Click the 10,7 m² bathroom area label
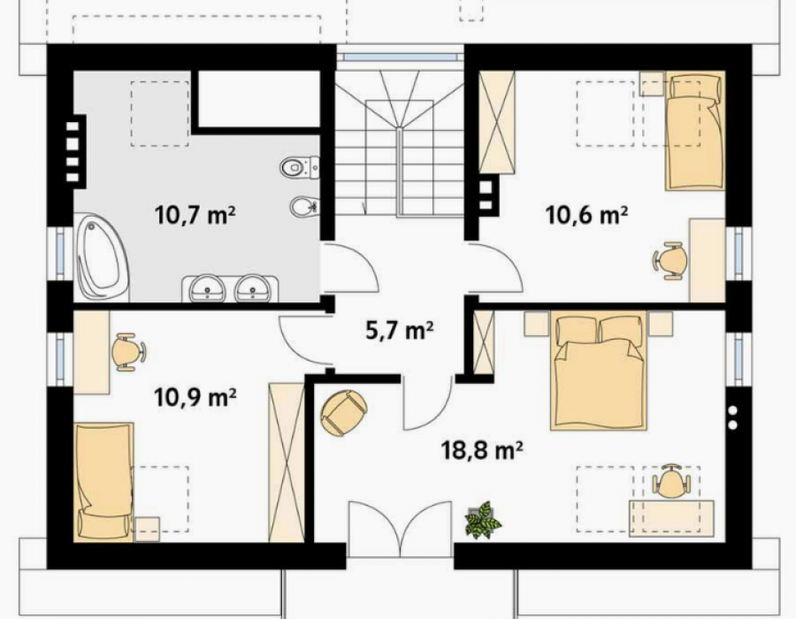195,215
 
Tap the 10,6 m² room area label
586,215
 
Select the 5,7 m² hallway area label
399,331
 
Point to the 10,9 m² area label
195,397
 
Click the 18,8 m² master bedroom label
482,449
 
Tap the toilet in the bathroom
300,166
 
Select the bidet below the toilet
304,207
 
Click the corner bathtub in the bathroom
102,257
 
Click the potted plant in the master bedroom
483,520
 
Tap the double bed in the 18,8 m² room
600,371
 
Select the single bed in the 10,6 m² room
695,130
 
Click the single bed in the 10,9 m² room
104,482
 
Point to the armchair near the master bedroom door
344,412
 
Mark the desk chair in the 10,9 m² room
128,352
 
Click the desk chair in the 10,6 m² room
670,260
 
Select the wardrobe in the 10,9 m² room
287,462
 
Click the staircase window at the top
400,54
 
